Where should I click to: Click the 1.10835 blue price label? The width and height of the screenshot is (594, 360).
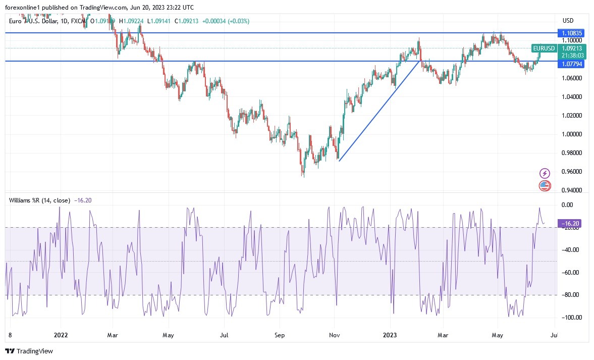(x=572, y=33)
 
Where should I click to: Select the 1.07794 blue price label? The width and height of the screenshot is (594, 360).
(x=572, y=64)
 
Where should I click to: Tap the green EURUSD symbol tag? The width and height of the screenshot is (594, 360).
(x=544, y=48)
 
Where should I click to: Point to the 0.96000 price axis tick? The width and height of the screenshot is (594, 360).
(x=572, y=172)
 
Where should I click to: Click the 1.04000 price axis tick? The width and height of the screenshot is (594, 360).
(x=572, y=97)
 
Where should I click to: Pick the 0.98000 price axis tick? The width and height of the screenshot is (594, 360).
(x=572, y=153)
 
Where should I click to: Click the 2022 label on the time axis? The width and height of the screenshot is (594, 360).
(x=61, y=334)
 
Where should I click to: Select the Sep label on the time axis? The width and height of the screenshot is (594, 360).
(x=280, y=334)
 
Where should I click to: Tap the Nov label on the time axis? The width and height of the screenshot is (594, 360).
(x=334, y=334)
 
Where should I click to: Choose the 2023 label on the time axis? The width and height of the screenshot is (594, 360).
(x=390, y=334)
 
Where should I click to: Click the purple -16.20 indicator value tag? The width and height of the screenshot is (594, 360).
(x=571, y=223)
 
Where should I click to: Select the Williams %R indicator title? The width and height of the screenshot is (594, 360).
(x=39, y=200)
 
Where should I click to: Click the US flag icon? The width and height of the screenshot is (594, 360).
(x=544, y=185)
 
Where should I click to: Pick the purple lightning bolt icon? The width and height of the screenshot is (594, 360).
(x=544, y=173)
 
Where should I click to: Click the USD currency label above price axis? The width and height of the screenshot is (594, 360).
(x=568, y=21)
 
